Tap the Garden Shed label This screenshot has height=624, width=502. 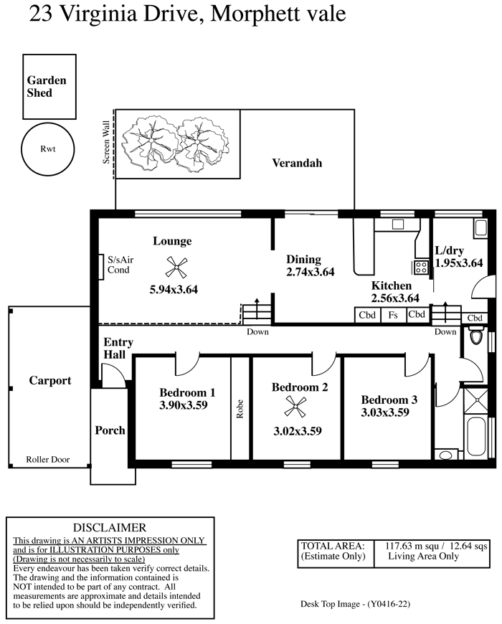point(46,86)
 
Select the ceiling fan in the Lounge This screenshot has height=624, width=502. point(176,267)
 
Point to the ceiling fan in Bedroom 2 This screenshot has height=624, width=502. point(295,407)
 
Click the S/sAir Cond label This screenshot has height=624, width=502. point(120,265)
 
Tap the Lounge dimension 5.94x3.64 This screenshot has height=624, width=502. point(174,289)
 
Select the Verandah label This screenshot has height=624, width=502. point(297,163)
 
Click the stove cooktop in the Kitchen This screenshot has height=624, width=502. point(421,268)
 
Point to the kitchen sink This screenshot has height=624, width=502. point(398,224)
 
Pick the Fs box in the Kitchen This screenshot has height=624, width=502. point(393,315)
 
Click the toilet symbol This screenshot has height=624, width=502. point(475,335)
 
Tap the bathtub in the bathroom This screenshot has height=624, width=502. point(475,436)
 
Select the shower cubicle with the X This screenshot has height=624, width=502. point(475,400)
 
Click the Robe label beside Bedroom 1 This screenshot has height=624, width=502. point(240,409)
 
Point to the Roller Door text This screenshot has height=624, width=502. point(48,459)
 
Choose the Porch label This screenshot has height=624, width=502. point(110,430)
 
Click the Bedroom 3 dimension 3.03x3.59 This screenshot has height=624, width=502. point(385,412)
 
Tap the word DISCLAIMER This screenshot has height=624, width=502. point(110,527)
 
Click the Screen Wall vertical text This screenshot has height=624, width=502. point(106,142)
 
